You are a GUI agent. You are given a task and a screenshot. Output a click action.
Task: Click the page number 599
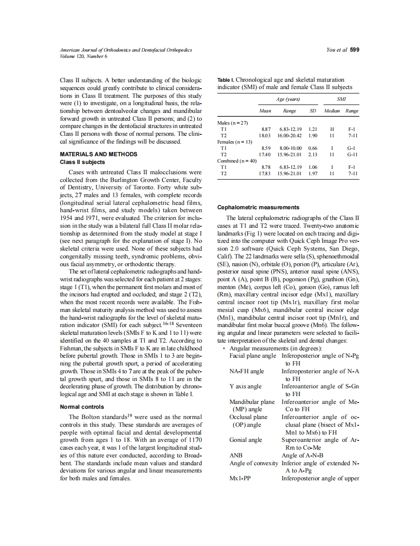coord(355,50)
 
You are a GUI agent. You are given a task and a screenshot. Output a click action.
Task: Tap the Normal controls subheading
coord(82,406)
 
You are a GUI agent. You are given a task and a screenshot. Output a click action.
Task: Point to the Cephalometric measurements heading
coord(258,207)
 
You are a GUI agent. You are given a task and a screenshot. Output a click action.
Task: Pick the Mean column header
coord(265,111)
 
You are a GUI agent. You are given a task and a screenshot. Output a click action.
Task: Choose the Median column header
coord(332,111)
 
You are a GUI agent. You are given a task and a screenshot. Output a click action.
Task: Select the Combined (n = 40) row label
coord(237,161)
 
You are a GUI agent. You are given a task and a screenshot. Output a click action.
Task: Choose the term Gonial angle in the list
coord(246,439)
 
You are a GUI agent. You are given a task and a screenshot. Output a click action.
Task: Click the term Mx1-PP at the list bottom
coord(240,478)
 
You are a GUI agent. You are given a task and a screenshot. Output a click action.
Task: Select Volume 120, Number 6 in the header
coord(83,56)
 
